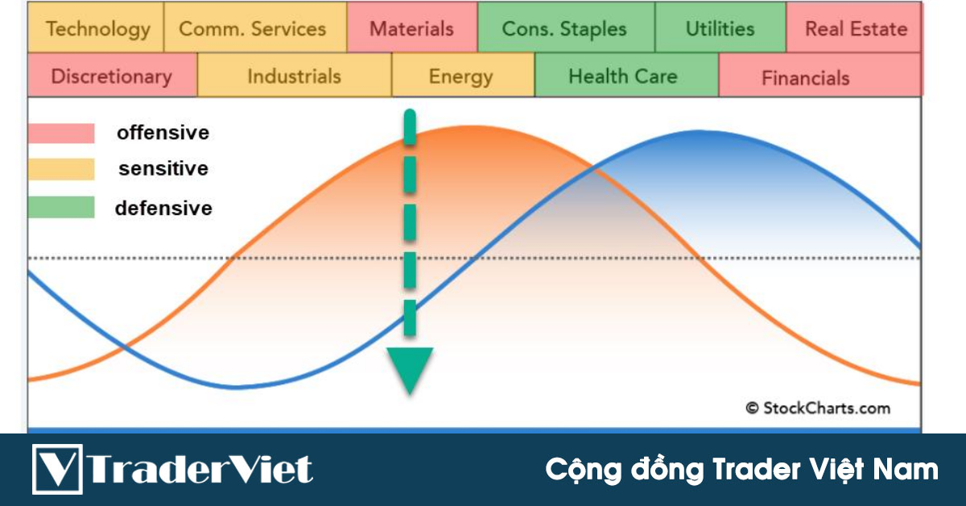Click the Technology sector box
coord(97,29)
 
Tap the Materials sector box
coord(412,29)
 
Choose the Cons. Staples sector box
coord(565,29)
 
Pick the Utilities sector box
coord(720,29)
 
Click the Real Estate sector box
coord(854,29)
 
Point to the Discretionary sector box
coord(112,77)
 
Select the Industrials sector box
coord(294,77)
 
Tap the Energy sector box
coord(462,77)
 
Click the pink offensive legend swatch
coord(61,133)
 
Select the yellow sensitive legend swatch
coord(61,169)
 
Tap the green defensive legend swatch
coord(61,208)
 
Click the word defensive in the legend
coord(163,208)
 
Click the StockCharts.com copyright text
coord(817,408)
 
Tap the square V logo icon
coord(56,469)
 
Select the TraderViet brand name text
coord(200,469)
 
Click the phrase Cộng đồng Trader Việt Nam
coord(741,469)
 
